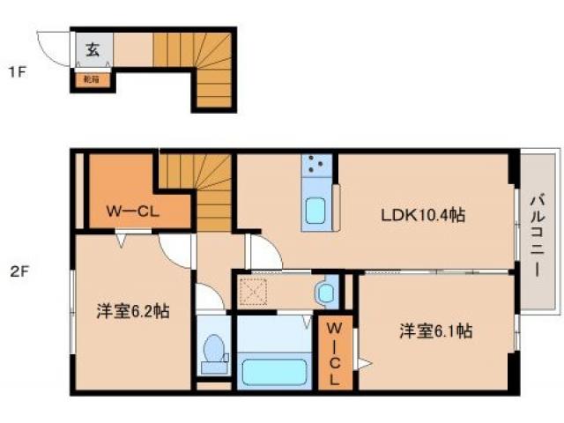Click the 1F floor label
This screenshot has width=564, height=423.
tap(17, 72)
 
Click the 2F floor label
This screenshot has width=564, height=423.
tap(18, 271)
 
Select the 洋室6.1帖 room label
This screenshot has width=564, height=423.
tap(435, 331)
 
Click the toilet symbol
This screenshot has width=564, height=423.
tap(214, 353)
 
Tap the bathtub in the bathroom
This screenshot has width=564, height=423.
tap(272, 369)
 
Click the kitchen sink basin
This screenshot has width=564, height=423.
tap(315, 212)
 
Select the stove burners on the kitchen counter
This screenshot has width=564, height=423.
tap(317, 164)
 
